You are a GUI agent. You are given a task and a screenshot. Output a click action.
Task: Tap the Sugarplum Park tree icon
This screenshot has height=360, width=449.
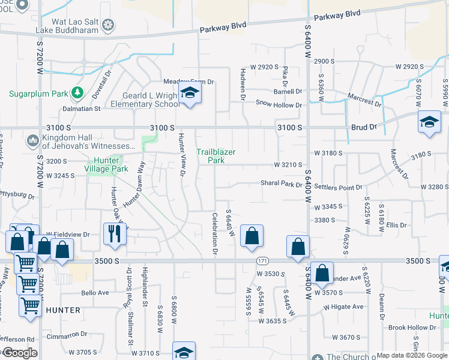coord(76,93)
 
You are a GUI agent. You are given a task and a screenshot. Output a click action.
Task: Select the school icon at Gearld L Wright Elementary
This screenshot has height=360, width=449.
coord(190,94)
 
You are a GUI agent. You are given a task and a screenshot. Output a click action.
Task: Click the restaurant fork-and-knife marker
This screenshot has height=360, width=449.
coord(114,233)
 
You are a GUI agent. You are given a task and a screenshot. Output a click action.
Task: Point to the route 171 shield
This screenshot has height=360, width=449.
coord(262,261)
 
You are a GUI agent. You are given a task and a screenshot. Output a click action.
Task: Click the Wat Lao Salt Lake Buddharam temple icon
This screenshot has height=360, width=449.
coord(109,25)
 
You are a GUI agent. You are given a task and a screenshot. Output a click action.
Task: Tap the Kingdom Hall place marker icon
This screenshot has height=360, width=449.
coord(32,141)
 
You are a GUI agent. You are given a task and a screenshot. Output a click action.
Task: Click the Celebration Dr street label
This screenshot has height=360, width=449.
coord(215,234)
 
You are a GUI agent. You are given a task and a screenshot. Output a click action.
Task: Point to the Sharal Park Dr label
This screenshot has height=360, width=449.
coord(281,184)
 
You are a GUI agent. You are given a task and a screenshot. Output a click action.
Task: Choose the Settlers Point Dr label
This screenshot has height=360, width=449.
coord(337,188)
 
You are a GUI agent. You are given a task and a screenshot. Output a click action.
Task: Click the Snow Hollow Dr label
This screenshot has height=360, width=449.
coord(279,105)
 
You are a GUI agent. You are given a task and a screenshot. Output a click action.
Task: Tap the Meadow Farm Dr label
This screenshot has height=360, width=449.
coord(188,82)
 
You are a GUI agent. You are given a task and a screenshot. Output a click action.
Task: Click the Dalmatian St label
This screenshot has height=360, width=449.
coord(80,109)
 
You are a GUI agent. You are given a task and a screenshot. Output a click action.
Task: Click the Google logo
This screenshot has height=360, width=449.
coord(20,353)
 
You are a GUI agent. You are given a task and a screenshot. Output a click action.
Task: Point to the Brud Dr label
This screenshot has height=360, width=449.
coord(364,127)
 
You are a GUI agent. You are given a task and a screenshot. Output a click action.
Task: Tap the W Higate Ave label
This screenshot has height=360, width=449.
coord(343,307)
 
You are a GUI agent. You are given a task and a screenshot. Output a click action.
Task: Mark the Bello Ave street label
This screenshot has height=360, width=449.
coord(95,293)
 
